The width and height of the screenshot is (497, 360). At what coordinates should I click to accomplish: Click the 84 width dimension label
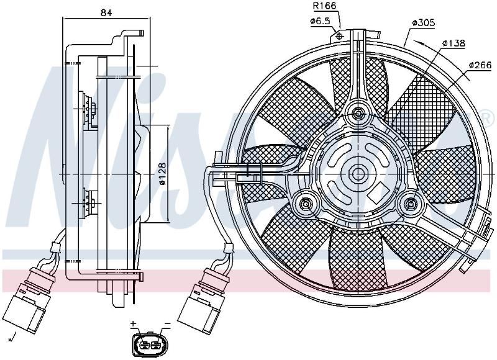106,12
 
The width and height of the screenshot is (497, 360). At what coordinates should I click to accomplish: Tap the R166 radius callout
324,6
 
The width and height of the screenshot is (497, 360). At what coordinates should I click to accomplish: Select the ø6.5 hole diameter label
320,21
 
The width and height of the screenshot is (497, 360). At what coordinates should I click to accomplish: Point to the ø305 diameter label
424,23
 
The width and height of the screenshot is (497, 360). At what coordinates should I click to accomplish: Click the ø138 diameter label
454,43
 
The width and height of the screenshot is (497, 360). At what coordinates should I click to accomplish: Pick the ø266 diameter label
480,65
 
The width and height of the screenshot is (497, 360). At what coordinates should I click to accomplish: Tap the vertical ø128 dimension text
162,174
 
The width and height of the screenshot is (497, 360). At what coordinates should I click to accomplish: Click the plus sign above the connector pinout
133,323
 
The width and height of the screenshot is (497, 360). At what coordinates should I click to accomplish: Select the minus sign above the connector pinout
168,324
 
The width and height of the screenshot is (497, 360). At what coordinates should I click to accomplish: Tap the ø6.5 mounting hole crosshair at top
339,36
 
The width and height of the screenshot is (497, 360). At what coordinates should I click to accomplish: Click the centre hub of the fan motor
358,174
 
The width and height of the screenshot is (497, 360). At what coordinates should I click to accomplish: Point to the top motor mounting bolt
358,113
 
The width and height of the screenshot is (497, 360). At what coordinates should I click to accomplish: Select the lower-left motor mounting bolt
306,203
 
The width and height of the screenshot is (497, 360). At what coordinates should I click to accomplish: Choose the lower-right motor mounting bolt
411,204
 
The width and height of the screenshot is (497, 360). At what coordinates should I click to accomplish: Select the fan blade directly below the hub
358,259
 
